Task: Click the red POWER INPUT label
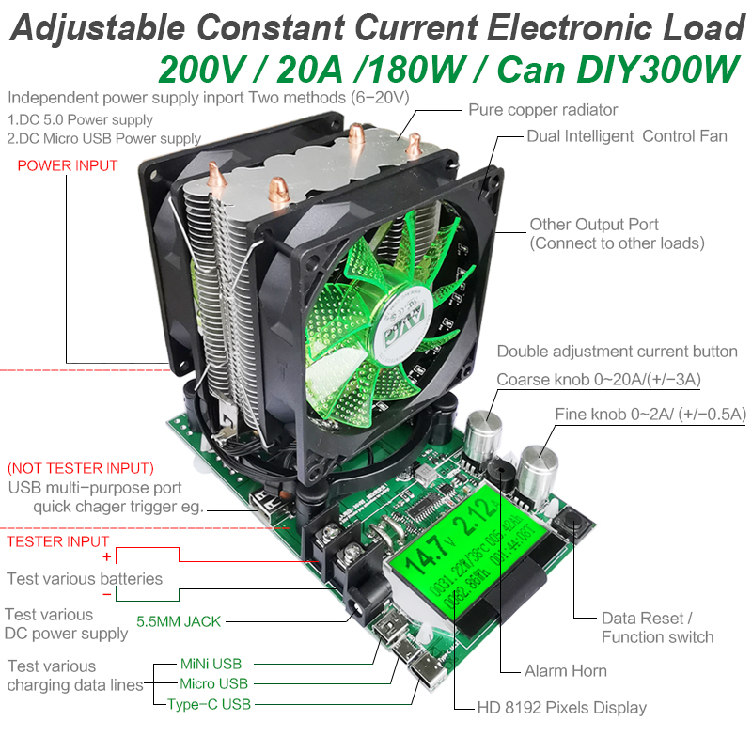68,165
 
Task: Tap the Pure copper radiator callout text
542,110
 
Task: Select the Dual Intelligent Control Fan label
626,136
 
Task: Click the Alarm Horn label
565,670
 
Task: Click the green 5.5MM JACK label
179,621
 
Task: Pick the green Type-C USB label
209,704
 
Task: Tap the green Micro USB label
213,684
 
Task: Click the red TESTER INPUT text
58,541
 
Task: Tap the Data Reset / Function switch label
657,628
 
